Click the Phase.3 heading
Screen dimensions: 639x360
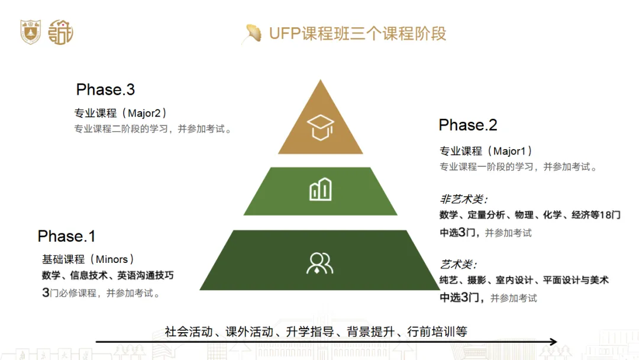[105, 90]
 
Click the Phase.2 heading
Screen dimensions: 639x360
[468, 126]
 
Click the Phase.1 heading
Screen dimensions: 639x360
[67, 237]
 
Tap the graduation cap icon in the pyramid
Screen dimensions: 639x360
[320, 127]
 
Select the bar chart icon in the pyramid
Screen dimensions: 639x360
[320, 190]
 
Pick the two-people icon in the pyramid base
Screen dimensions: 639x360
[319, 262]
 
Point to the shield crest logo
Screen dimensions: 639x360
[30, 31]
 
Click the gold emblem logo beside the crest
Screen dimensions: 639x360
[60, 31]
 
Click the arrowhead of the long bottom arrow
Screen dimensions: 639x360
[553, 342]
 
